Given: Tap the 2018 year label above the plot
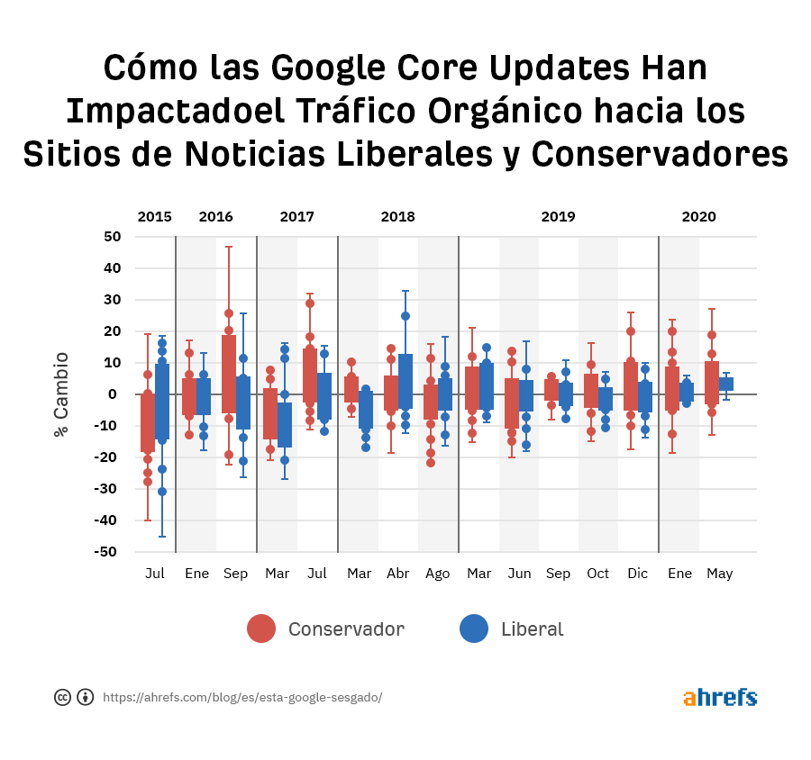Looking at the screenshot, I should [397, 216].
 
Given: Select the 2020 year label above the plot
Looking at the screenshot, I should [698, 216].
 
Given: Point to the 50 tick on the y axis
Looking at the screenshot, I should [113, 237].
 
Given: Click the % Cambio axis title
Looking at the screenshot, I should [61, 394].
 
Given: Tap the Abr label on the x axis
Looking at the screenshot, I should [397, 574].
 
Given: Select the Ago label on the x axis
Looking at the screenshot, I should [437, 574].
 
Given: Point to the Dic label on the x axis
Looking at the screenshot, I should [637, 574].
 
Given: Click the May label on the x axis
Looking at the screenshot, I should [719, 574].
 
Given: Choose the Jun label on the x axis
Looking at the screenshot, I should [519, 574].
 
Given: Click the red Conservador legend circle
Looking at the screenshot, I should [261, 629].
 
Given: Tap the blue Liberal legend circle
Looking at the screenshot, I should [474, 629].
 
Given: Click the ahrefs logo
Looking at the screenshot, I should [719, 697].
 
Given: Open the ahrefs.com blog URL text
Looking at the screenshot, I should [241, 697].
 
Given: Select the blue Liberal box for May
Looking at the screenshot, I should [726, 384].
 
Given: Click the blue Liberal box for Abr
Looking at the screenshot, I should [405, 382].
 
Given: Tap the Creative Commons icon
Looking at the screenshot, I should [63, 697].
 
